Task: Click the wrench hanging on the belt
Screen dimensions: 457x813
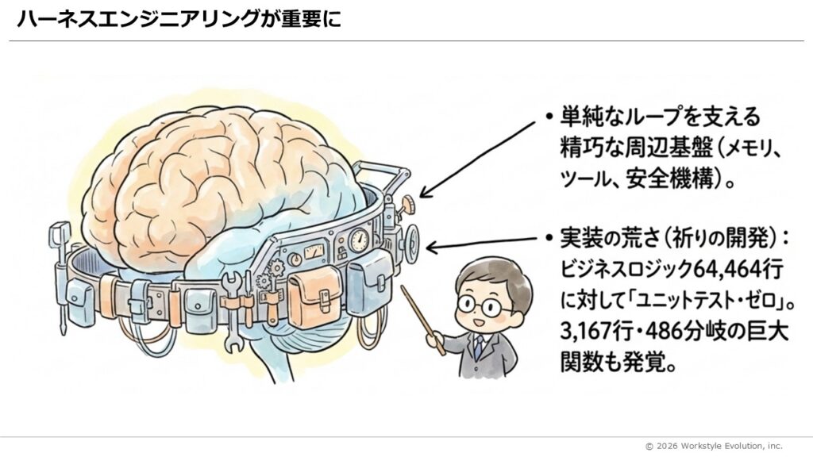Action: [232, 298]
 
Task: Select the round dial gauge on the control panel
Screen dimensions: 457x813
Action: [359, 239]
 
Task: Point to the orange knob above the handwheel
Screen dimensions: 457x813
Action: [408, 205]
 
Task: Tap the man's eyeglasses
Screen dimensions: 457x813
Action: [484, 304]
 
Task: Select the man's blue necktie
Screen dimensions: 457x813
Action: [478, 346]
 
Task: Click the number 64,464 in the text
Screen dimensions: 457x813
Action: [729, 270]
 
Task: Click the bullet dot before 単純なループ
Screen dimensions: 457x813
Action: [549, 117]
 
